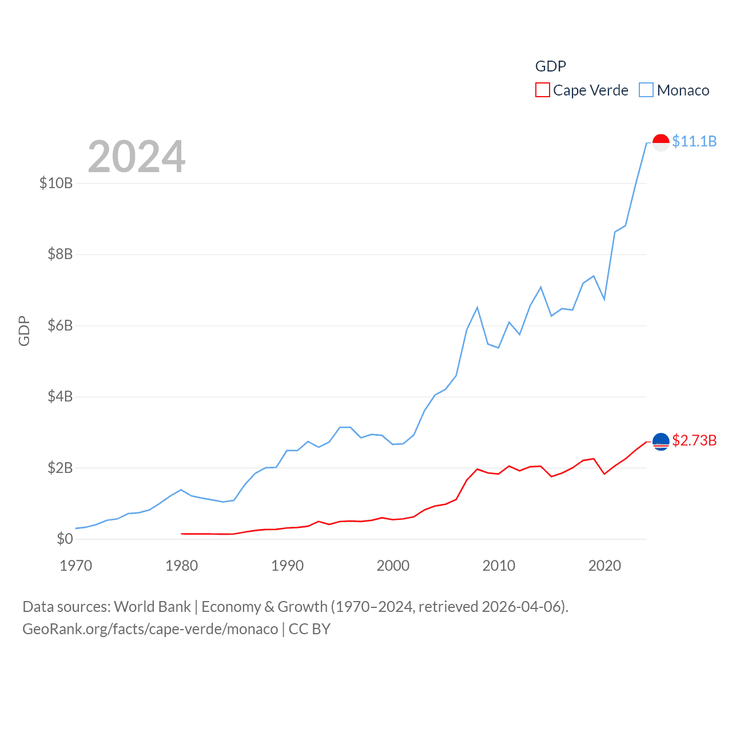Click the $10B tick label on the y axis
[x=56, y=183]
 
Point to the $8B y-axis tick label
[x=60, y=254]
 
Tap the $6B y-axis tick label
[x=60, y=325]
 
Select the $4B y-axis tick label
[x=60, y=396]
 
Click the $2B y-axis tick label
[x=60, y=468]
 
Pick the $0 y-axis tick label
[x=65, y=539]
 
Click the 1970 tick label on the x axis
[x=76, y=566]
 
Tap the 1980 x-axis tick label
[x=181, y=566]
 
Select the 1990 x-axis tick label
[x=287, y=566]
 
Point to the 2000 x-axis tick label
[x=393, y=566]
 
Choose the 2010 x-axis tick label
[x=499, y=566]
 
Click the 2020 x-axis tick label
[x=604, y=566]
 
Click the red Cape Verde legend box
[x=542, y=90]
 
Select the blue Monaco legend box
[x=646, y=90]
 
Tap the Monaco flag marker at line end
[x=661, y=142]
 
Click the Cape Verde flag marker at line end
[x=661, y=441]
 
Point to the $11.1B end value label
[x=694, y=141]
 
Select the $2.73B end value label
[x=694, y=440]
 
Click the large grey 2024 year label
[x=136, y=157]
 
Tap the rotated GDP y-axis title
[x=24, y=331]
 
